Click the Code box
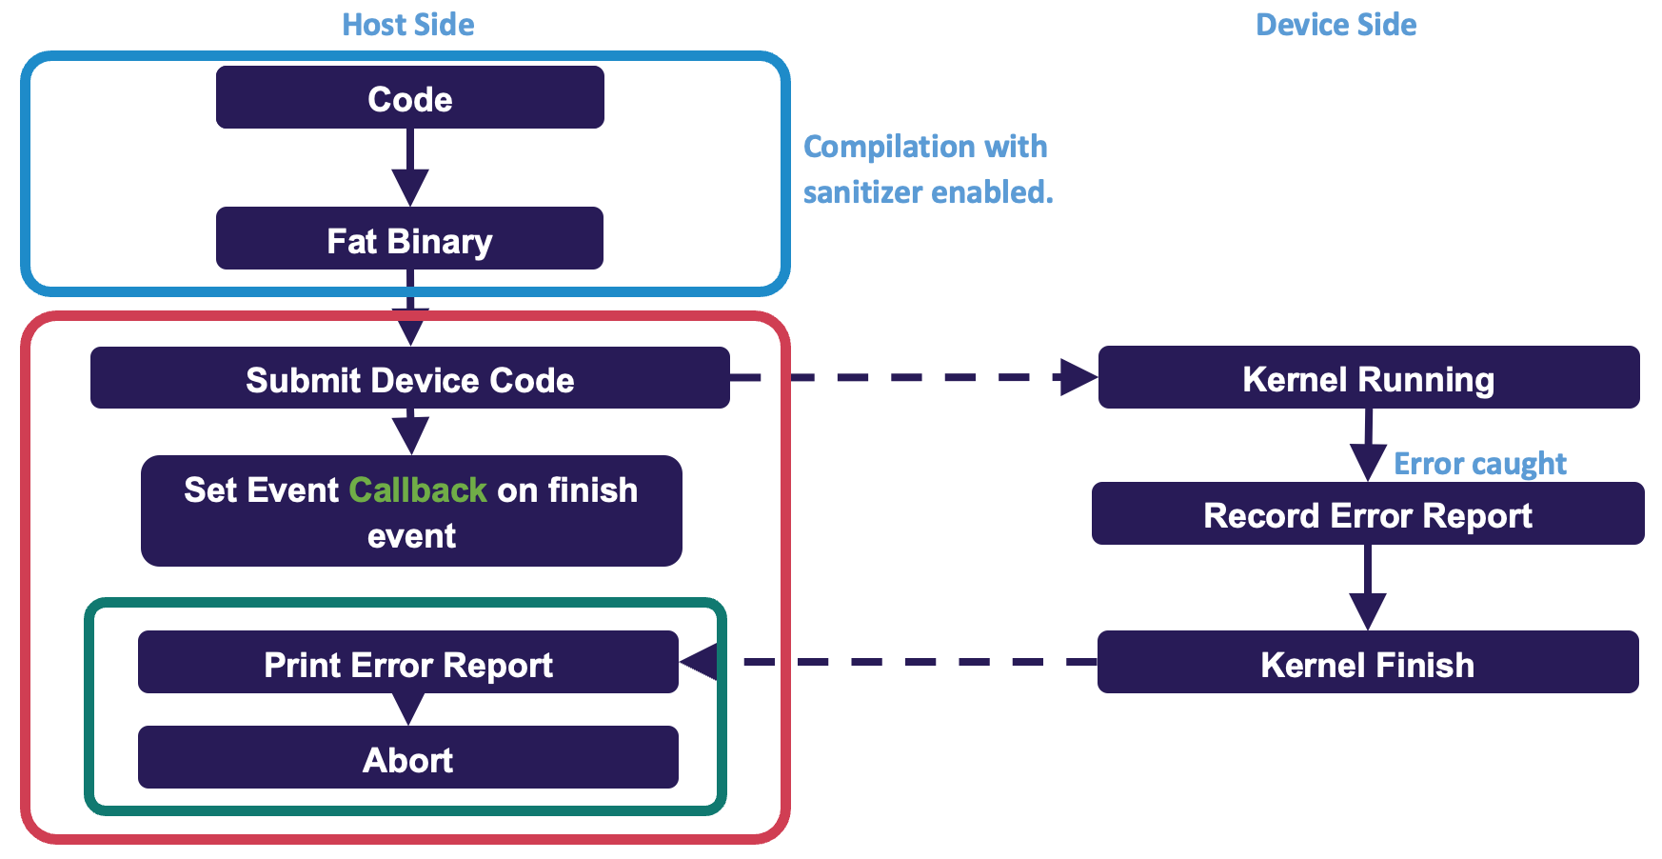point(409,98)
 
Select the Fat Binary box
point(409,239)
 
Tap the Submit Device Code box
point(409,378)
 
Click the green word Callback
point(418,490)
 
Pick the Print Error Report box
point(407,663)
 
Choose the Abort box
point(407,758)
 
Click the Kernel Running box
point(1368,378)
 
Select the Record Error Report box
point(1368,514)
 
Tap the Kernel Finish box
point(1368,663)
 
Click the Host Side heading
point(408,25)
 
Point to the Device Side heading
point(1336,25)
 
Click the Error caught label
point(1479,464)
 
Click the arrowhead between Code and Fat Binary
point(410,185)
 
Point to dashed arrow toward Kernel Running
point(914,377)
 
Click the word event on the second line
point(411,536)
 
